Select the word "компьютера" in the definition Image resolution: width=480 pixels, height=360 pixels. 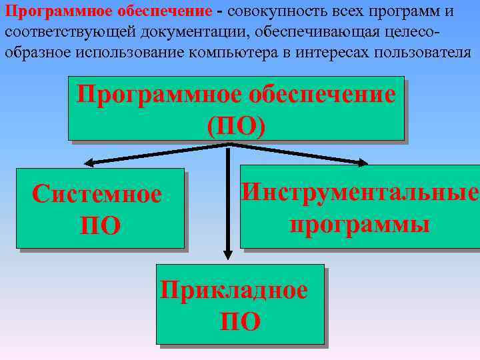click(229, 52)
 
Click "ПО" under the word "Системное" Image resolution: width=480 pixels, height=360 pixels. click(100, 225)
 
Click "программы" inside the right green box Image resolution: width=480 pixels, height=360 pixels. click(359, 223)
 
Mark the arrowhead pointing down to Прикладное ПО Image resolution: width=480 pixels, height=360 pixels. click(228, 254)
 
